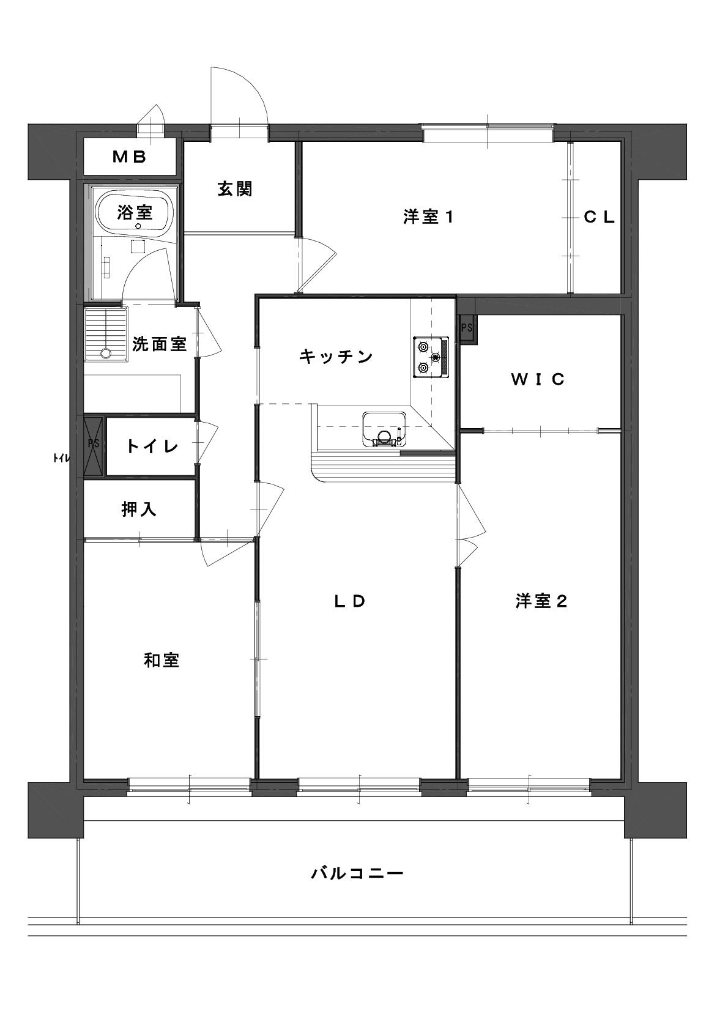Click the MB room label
click(130, 157)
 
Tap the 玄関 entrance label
click(235, 189)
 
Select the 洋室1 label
click(429, 217)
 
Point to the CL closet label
click(600, 217)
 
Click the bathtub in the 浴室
click(134, 213)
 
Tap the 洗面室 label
click(159, 344)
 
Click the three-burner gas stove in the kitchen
click(431, 357)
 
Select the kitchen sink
click(384, 429)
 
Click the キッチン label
click(336, 357)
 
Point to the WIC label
click(538, 379)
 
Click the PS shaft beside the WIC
click(468, 328)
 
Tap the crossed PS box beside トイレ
click(94, 445)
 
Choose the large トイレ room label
click(152, 446)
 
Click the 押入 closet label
click(139, 509)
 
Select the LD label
click(350, 601)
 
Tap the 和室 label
click(162, 661)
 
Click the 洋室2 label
click(541, 601)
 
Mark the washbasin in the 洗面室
click(106, 335)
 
